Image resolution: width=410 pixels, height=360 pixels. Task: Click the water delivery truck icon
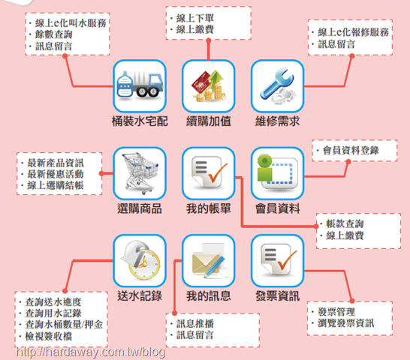point(140,85)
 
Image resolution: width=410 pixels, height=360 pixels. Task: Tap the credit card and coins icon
point(209,85)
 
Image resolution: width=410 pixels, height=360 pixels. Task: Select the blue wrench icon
point(277,85)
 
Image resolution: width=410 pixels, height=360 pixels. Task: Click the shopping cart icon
point(140,173)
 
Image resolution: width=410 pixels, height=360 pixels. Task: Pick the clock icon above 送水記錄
point(140,260)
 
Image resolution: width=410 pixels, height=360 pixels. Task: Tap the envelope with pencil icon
point(209,261)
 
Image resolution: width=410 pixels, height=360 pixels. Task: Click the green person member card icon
point(277,172)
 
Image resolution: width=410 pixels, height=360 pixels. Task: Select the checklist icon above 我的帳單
point(209,172)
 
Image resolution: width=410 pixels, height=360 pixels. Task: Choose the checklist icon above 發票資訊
point(277,259)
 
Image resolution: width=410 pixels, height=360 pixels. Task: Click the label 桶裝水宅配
point(140,121)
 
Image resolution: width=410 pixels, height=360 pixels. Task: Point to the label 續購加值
point(209,121)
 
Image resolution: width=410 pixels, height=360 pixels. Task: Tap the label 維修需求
point(277,121)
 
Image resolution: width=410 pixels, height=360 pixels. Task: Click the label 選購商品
point(140,208)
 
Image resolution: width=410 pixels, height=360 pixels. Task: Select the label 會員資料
point(277,208)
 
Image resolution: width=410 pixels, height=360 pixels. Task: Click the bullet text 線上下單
point(195,18)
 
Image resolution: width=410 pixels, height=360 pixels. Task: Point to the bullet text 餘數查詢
point(54,34)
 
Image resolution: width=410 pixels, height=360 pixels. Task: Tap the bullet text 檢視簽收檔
point(48,336)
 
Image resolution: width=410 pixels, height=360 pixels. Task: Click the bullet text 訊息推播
point(195,323)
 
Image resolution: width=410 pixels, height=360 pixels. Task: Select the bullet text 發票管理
point(336,312)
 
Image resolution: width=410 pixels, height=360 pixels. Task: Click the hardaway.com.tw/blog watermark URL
point(90,352)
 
